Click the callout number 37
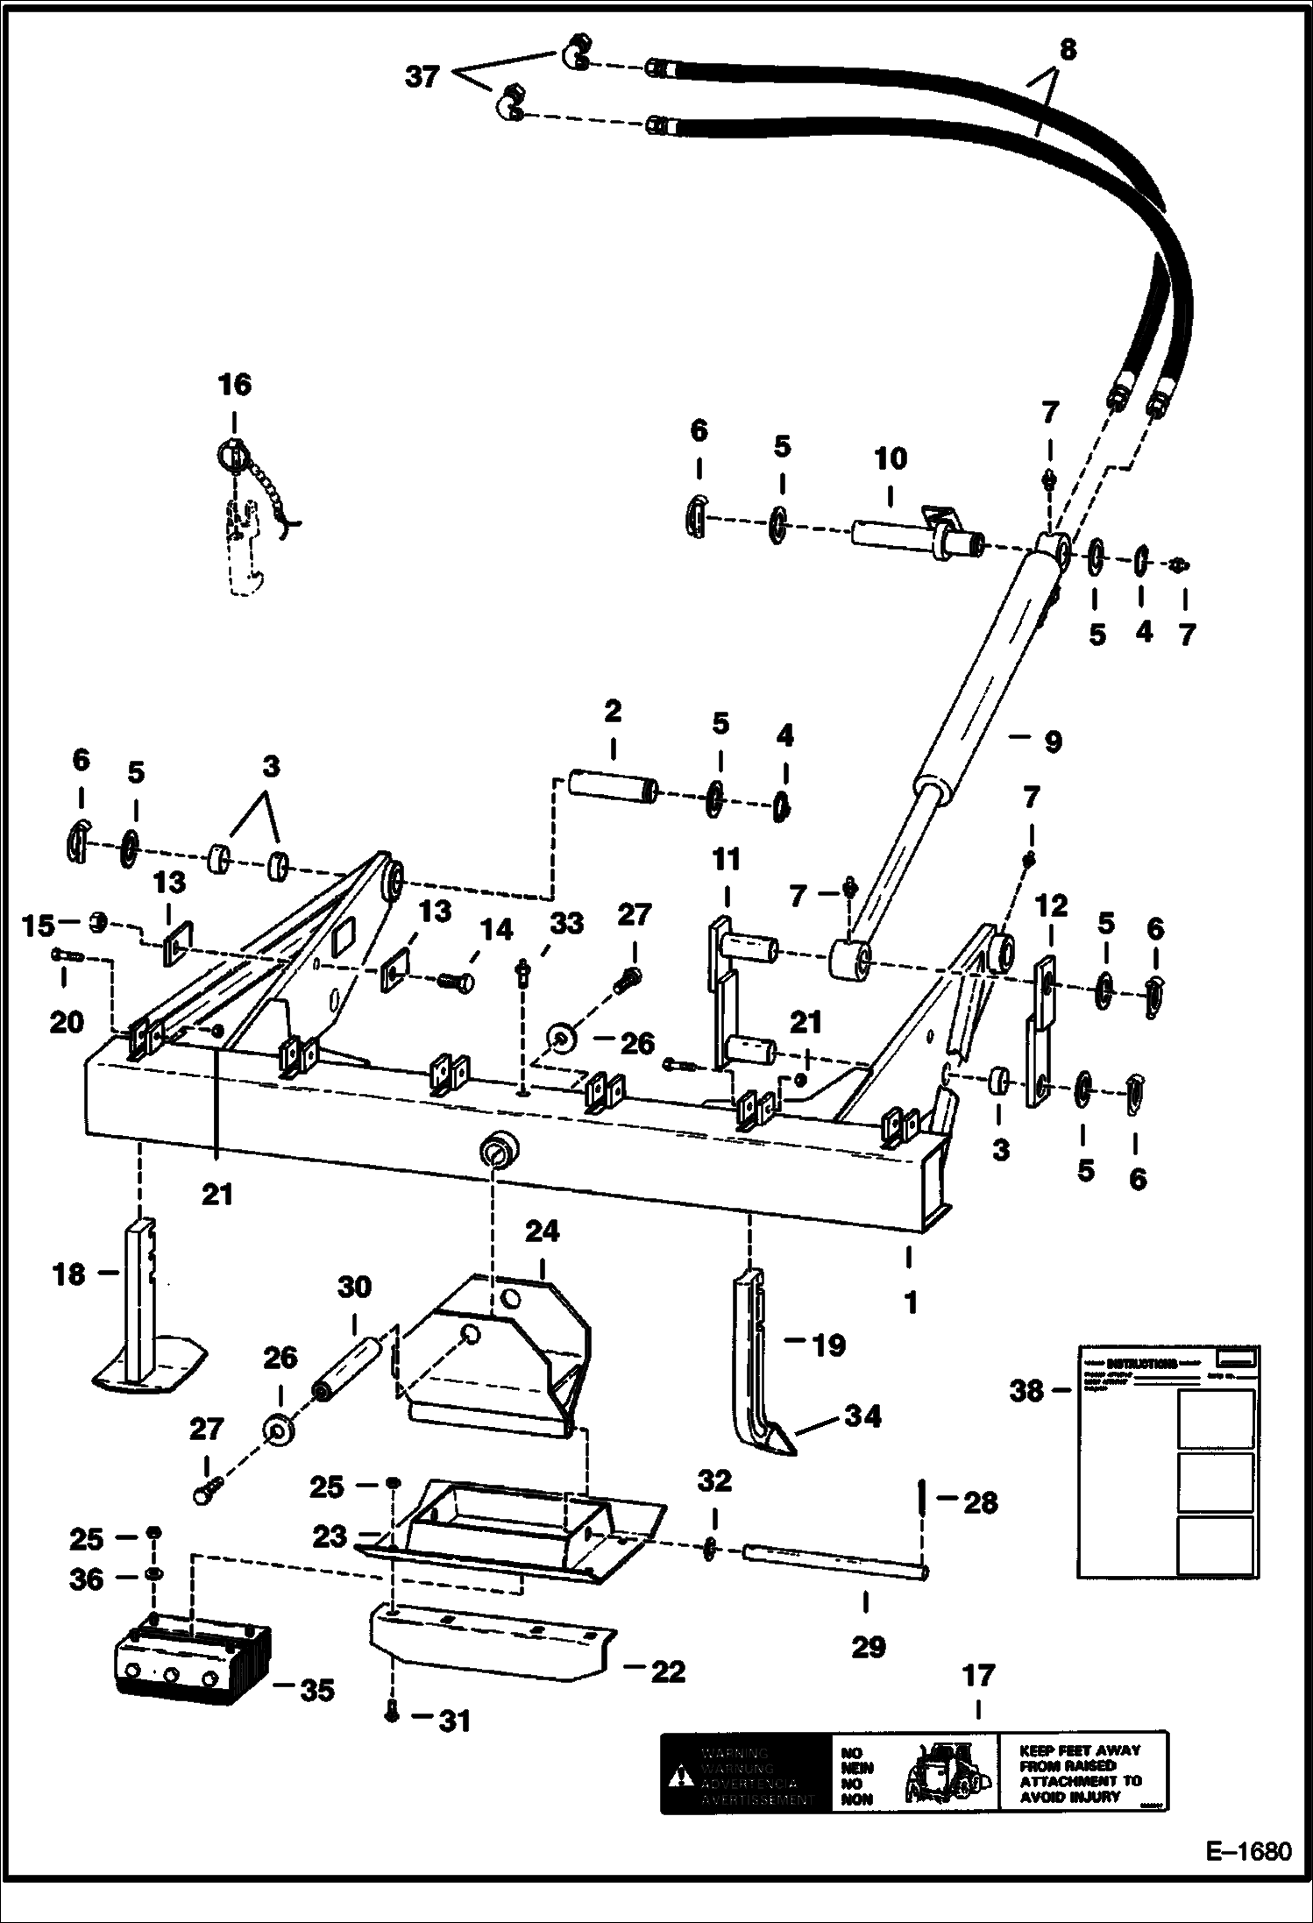pos(422,77)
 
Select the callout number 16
pos(234,385)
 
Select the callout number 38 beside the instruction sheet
pos(1026,1391)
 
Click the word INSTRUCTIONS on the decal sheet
pos(1141,1365)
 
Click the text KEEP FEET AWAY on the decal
pos(1080,1749)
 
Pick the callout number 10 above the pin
pos(891,459)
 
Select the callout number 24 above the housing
pos(542,1231)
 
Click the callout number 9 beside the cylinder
pos(1052,742)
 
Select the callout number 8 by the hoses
pos(1067,51)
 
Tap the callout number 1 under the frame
pos(911,1302)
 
